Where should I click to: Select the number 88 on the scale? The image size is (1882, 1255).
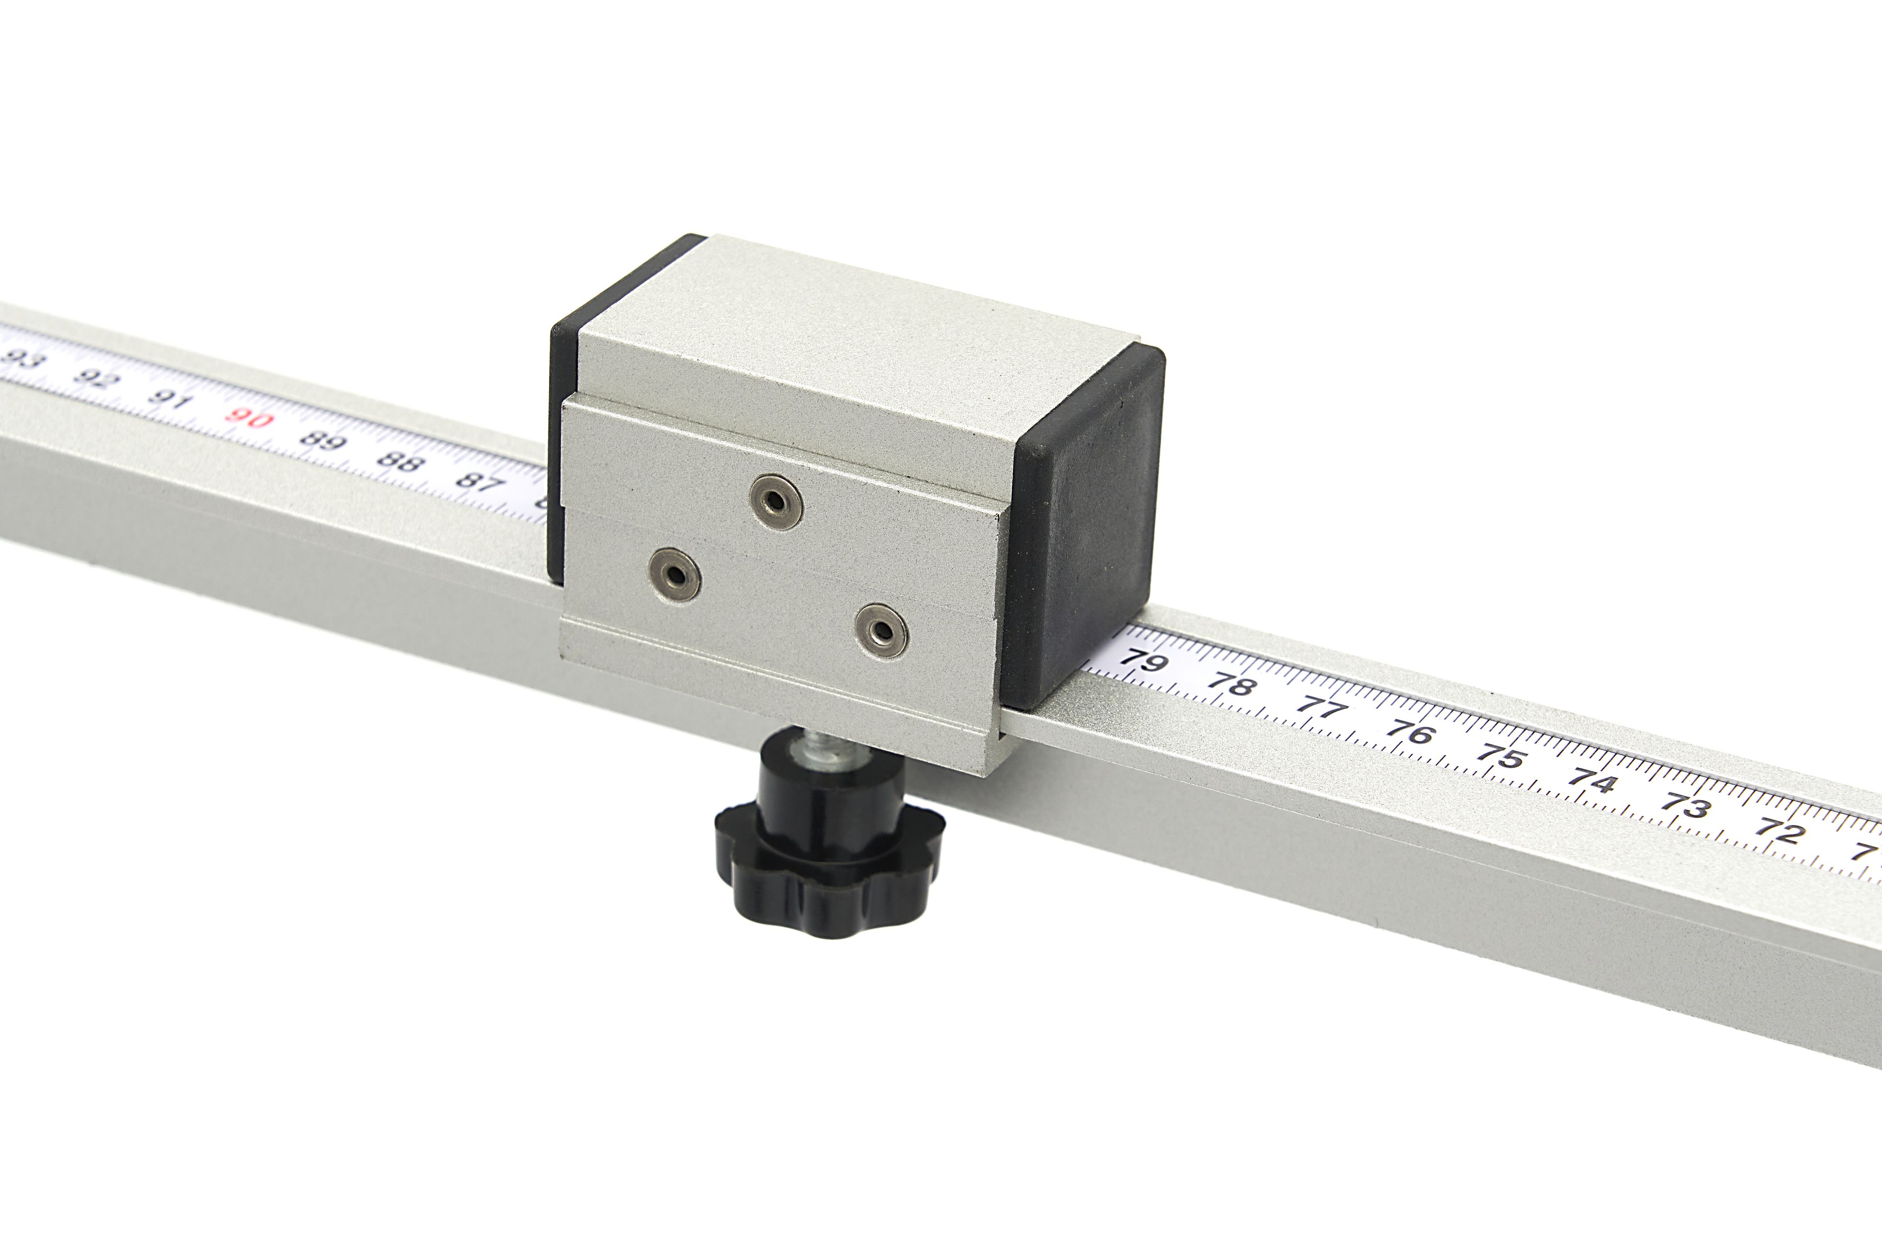(x=398, y=461)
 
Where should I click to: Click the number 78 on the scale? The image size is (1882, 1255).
(x=1230, y=685)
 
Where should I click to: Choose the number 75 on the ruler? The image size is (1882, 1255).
(x=1501, y=756)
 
